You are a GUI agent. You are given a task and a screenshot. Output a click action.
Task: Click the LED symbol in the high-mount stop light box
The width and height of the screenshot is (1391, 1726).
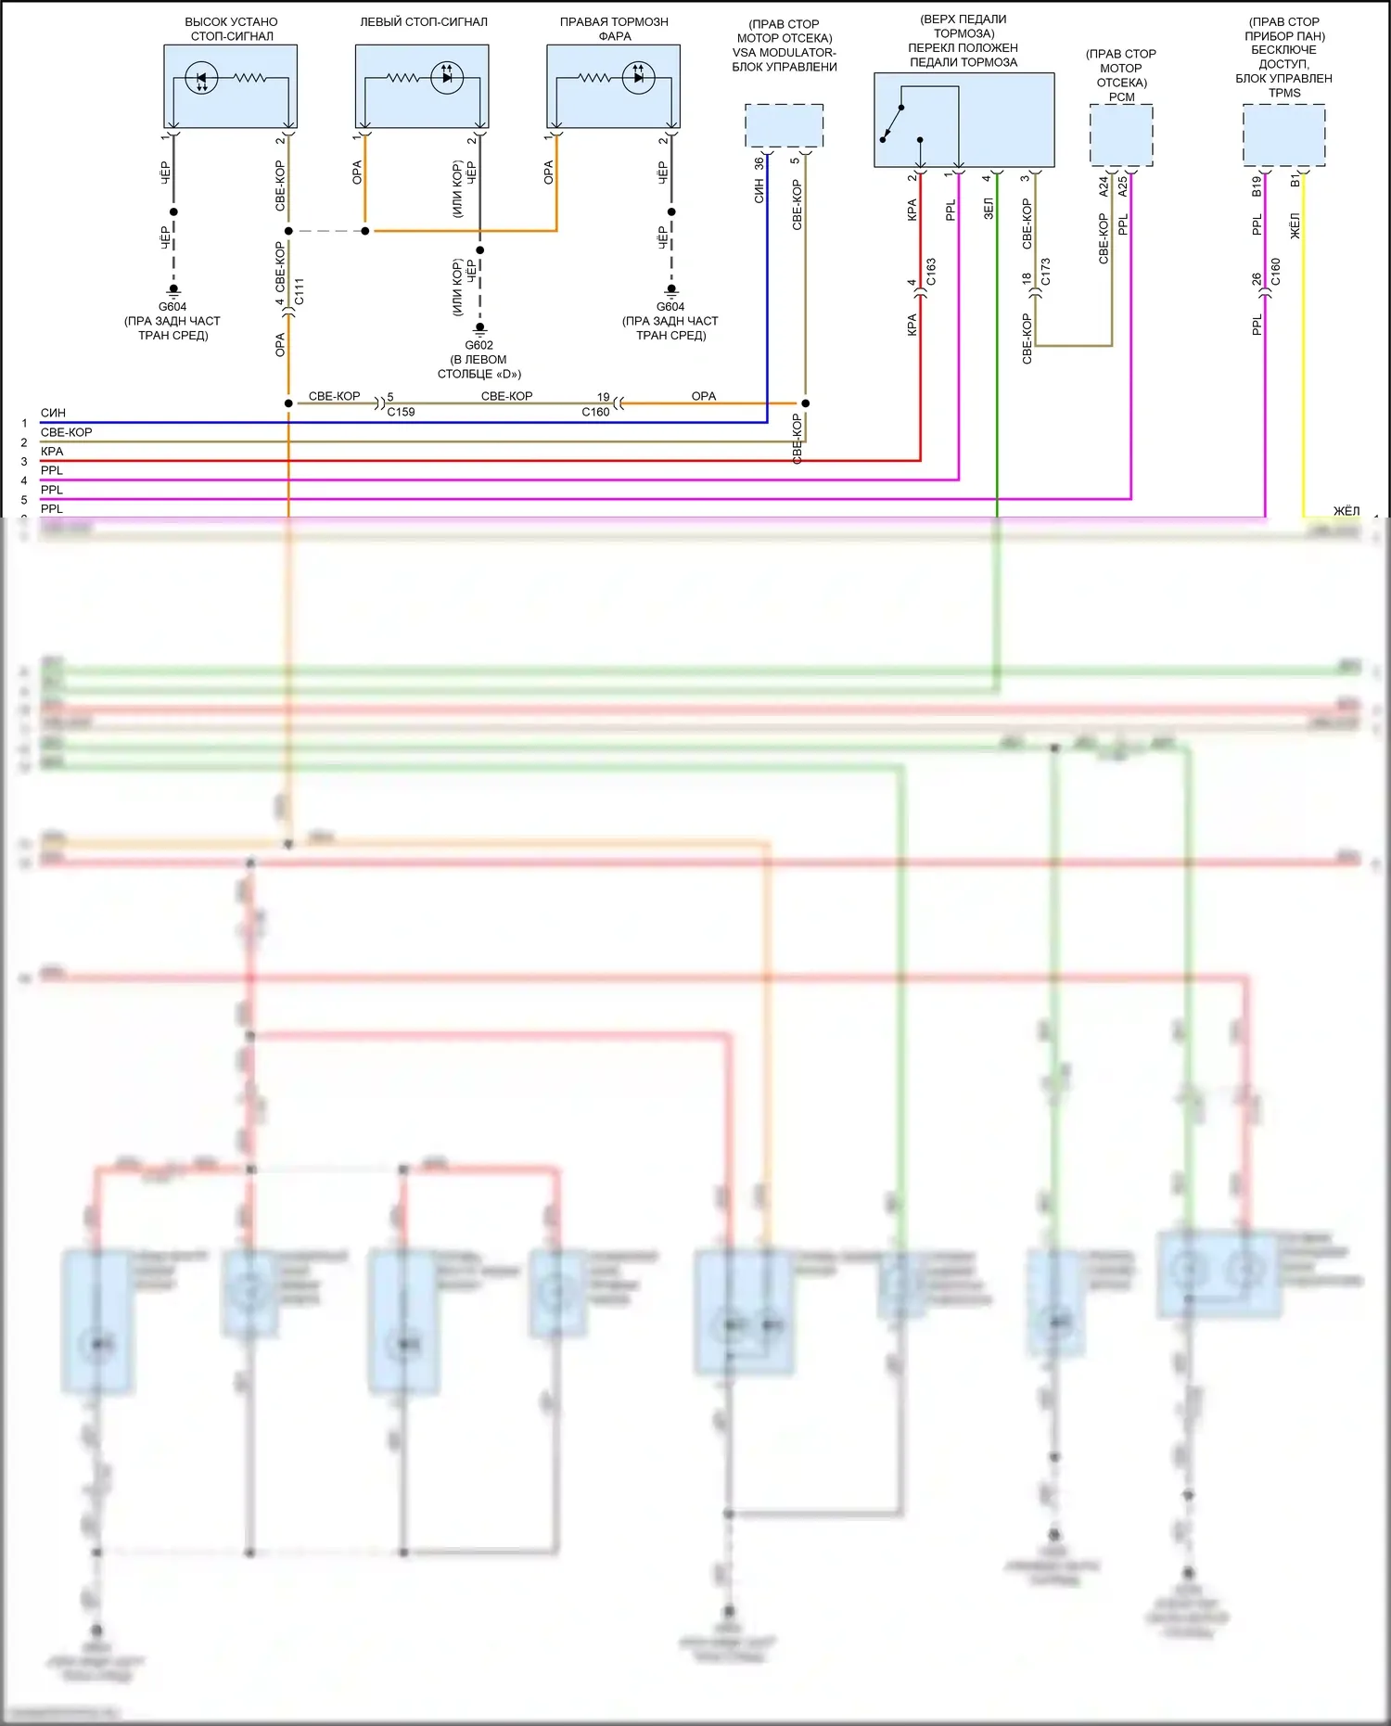click(x=201, y=78)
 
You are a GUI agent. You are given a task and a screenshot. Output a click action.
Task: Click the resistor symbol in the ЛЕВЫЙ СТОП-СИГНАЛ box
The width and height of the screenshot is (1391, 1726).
click(x=403, y=78)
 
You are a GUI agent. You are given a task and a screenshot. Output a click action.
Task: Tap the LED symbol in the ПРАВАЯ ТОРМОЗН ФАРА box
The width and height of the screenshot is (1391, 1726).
click(x=638, y=78)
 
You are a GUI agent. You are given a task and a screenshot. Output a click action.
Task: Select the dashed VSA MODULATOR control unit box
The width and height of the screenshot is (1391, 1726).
click(x=784, y=125)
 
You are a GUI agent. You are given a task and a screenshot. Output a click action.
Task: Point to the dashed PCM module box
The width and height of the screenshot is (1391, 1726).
click(x=1121, y=134)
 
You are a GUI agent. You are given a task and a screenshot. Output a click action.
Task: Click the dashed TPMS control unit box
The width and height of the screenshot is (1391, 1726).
click(x=1283, y=134)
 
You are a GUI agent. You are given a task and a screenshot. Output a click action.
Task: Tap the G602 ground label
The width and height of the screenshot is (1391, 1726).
click(x=479, y=345)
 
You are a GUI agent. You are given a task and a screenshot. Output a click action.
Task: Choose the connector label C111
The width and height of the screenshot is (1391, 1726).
click(x=299, y=291)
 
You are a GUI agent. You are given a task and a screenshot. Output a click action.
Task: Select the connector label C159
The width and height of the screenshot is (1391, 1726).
click(x=401, y=412)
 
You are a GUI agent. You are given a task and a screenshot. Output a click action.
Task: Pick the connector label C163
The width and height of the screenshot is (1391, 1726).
click(x=931, y=272)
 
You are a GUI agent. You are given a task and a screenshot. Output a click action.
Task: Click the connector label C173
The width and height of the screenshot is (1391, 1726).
click(x=1045, y=272)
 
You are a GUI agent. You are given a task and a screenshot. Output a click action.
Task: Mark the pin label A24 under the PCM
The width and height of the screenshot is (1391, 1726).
click(x=1104, y=186)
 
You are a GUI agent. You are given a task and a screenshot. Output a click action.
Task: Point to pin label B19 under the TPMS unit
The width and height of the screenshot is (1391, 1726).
click(x=1257, y=186)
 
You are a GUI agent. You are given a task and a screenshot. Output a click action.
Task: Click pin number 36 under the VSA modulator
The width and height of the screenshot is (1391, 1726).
click(x=759, y=163)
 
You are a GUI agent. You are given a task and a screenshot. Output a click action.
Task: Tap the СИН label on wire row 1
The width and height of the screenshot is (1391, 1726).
click(x=53, y=413)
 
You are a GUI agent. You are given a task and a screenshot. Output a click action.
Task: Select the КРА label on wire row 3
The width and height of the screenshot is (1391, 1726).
click(x=52, y=452)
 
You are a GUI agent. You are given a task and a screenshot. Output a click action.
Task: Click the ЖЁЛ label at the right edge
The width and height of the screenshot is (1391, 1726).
click(x=1346, y=511)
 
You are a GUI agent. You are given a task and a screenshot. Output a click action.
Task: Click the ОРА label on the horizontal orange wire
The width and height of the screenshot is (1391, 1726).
click(x=704, y=396)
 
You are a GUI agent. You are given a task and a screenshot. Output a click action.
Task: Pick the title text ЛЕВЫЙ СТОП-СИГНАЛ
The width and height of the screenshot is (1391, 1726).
click(x=423, y=22)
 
